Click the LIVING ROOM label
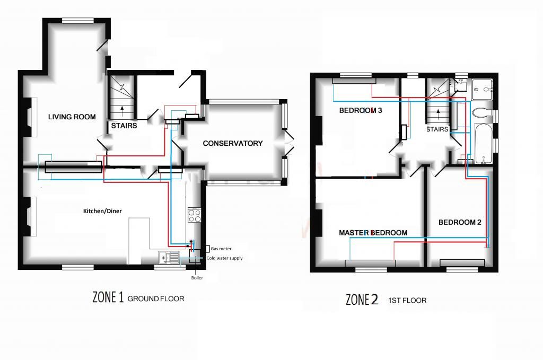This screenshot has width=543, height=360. [x=72, y=117]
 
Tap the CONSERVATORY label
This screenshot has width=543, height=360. [x=233, y=143]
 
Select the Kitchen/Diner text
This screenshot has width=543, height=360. [x=102, y=211]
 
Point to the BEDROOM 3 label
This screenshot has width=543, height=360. [x=361, y=110]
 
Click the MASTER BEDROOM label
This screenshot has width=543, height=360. [x=373, y=233]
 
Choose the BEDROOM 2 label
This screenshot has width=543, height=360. [x=460, y=222]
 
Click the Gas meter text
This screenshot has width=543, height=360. [x=221, y=249]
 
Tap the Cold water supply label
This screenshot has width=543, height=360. [x=224, y=258]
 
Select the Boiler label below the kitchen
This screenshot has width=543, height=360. [x=197, y=278]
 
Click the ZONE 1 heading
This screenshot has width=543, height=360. [x=108, y=297]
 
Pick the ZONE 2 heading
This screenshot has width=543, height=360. [x=362, y=300]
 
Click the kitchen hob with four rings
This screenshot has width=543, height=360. [x=195, y=215]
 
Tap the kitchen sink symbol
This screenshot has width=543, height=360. [x=169, y=258]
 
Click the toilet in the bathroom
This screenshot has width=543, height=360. [x=482, y=113]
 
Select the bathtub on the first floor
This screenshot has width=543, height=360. [x=484, y=143]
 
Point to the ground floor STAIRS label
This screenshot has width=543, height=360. [x=124, y=126]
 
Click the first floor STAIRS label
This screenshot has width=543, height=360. [x=437, y=129]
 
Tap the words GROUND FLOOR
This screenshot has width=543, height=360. [x=156, y=298]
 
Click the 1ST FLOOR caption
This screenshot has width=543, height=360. [x=407, y=301]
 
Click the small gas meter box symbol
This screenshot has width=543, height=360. [x=207, y=249]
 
